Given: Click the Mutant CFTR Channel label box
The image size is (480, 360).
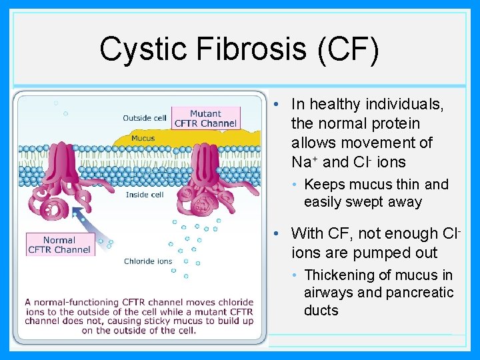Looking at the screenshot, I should (205, 119).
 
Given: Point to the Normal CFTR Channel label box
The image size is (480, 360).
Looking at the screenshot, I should (59, 245).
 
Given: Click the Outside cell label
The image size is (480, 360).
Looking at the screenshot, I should (145, 118).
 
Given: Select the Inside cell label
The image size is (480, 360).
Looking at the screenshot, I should (145, 195).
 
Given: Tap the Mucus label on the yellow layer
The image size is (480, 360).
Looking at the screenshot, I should (143, 139).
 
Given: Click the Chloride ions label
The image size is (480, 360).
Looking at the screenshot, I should (148, 261).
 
